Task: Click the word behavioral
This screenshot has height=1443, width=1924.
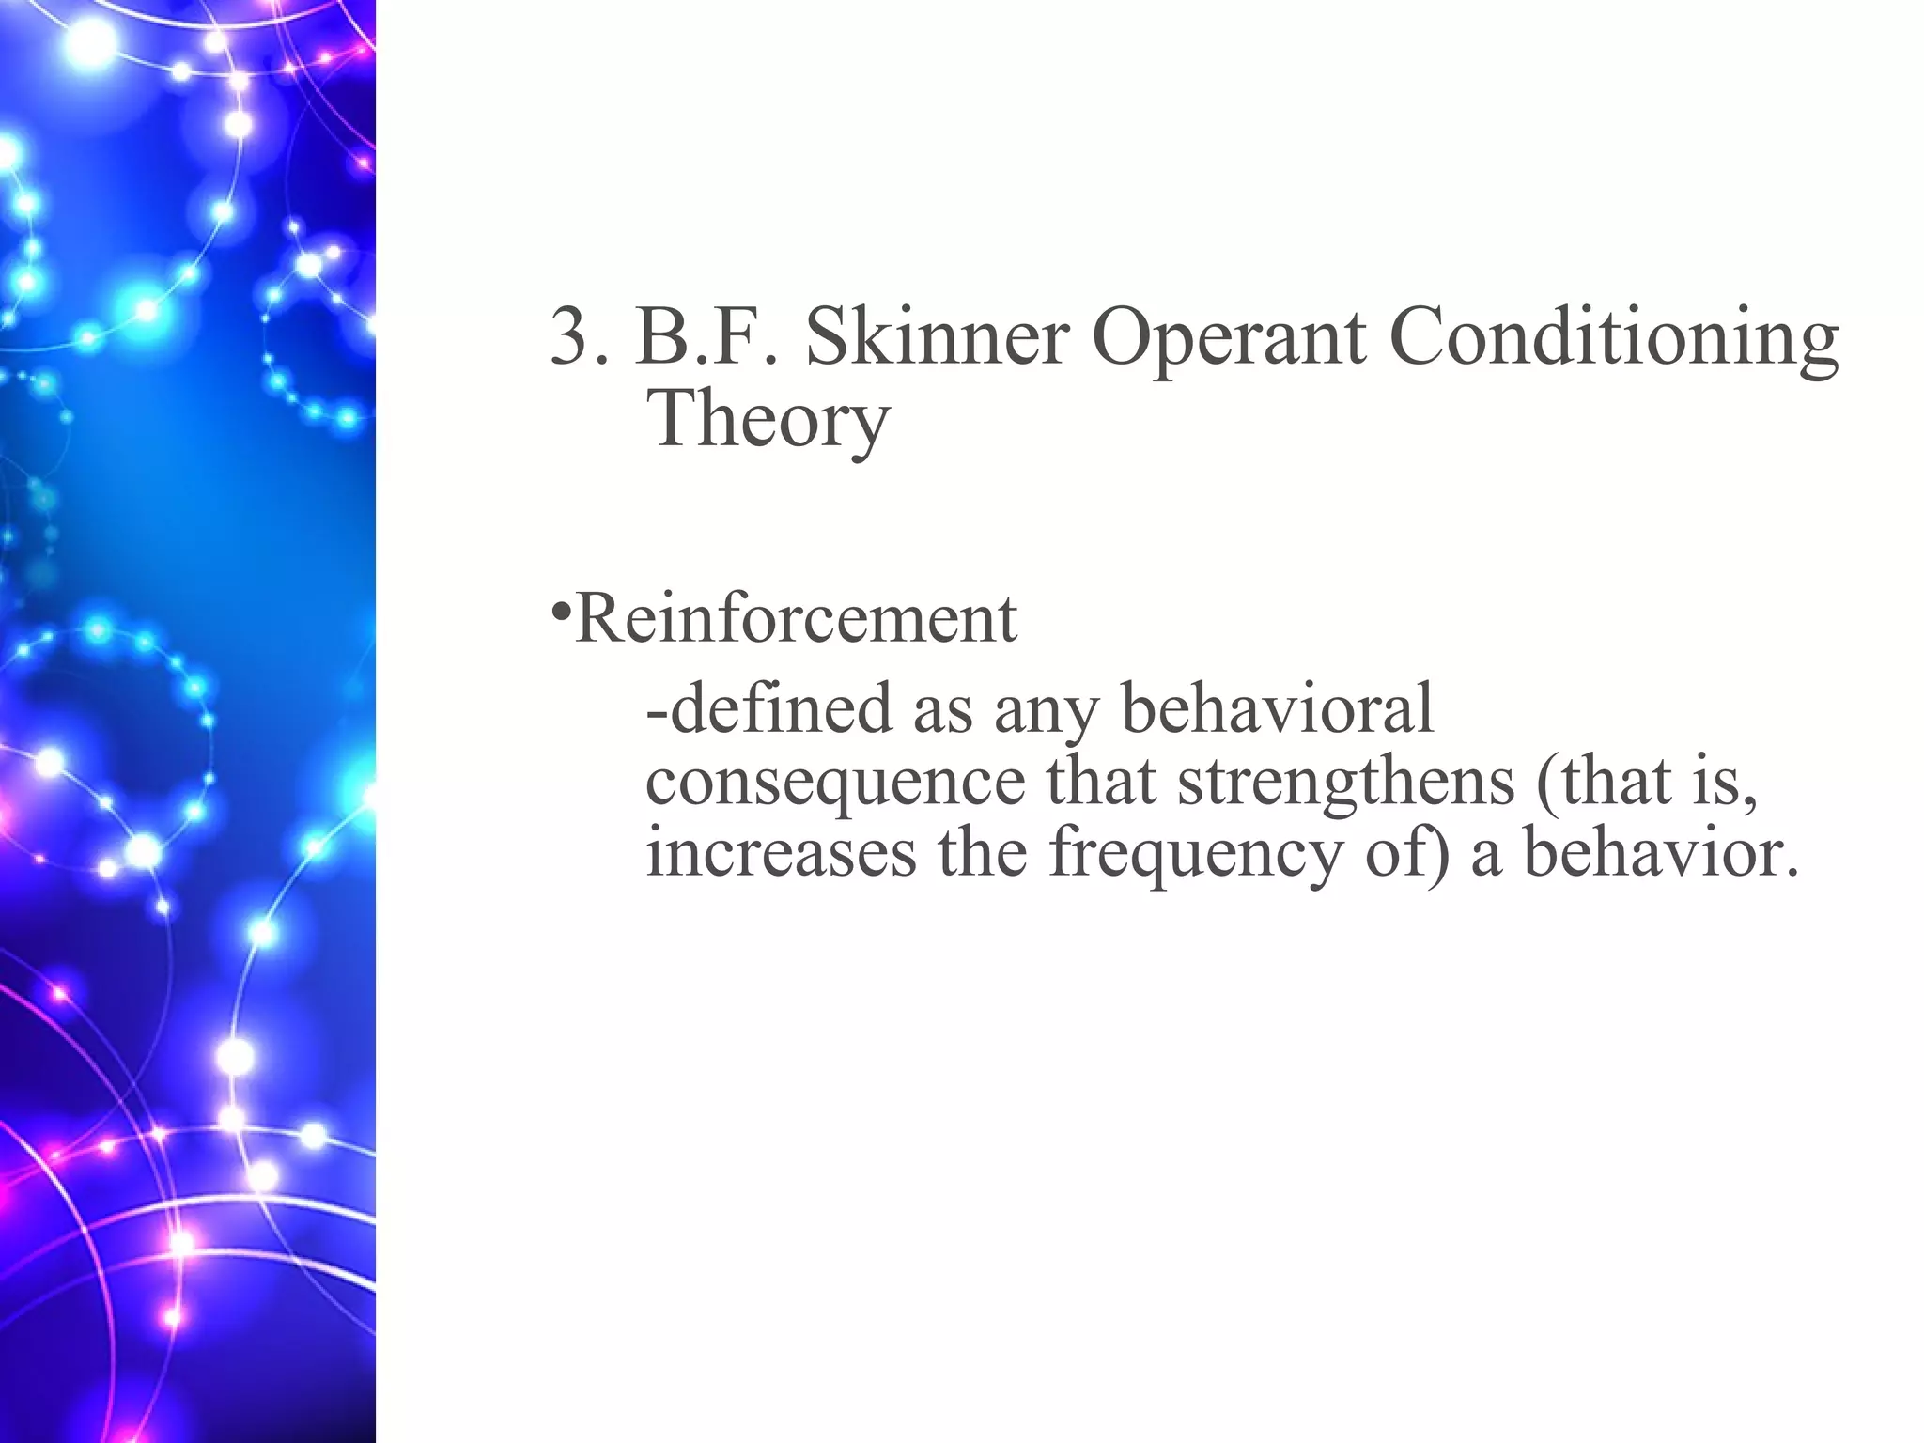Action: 1278,708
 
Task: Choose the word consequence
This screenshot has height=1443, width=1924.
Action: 835,784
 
